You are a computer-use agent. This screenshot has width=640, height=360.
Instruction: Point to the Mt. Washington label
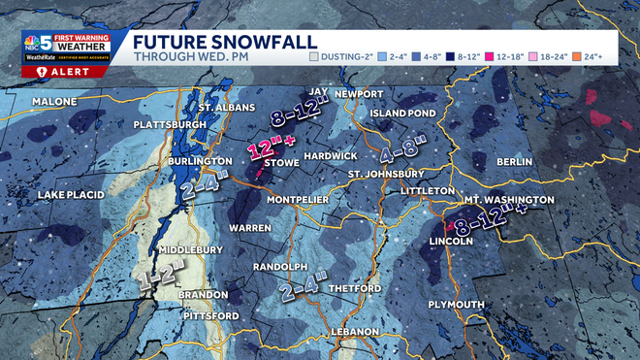(x=508, y=200)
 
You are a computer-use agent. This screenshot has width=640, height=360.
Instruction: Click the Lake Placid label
(x=71, y=195)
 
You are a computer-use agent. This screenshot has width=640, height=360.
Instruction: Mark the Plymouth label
(x=457, y=305)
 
